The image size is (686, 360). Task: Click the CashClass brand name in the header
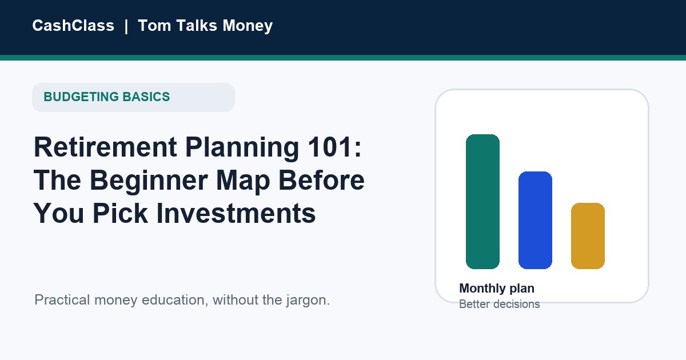73,25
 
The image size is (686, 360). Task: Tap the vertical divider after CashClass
126,26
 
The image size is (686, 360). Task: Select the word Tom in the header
154,25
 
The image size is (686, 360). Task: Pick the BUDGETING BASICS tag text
106,97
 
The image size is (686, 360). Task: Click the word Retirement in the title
105,147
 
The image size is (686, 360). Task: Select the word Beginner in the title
149,181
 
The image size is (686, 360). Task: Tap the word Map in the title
243,181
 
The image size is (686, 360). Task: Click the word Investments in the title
236,213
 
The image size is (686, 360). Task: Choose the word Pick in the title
120,213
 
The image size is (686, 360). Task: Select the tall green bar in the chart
482,202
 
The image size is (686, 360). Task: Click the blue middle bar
535,221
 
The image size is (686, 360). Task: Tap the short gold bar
588,236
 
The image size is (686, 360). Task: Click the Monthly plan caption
497,289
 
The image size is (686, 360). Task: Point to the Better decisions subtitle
500,304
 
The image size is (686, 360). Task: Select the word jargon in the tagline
308,301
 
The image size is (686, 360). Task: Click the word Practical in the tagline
62,300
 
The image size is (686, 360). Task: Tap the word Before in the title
321,180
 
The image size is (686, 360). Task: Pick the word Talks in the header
197,25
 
